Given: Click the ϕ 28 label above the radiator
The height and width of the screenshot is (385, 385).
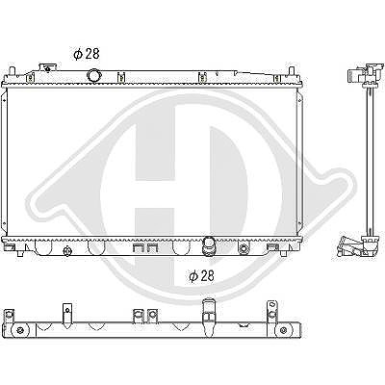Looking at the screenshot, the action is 87,54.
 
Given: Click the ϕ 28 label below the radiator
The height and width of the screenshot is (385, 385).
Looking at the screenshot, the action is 201,276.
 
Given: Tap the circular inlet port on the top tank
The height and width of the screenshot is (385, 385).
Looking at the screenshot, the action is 93,76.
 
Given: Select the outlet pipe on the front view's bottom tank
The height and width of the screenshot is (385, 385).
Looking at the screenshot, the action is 208,246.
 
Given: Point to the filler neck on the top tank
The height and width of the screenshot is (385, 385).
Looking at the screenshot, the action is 47,68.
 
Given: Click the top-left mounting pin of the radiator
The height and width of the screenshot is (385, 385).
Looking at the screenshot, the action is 13,70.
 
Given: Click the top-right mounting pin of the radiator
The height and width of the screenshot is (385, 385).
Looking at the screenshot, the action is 292,70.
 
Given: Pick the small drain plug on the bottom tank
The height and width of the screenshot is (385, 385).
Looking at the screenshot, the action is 67,251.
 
